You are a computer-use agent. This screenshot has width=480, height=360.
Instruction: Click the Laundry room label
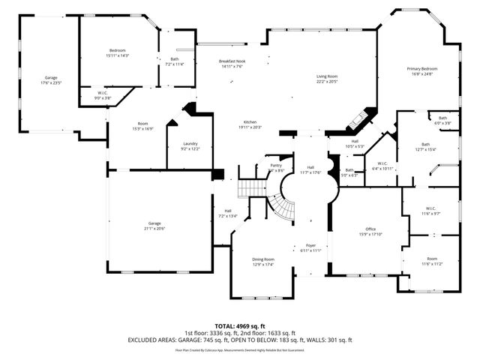[x=190, y=145]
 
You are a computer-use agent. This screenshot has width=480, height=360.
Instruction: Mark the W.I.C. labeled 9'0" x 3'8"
[x=103, y=96]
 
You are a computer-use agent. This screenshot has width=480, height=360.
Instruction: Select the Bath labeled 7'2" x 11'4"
[x=174, y=61]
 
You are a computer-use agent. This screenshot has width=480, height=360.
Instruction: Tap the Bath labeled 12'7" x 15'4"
[x=425, y=147]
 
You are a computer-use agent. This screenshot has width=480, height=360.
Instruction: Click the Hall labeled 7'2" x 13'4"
[x=227, y=213]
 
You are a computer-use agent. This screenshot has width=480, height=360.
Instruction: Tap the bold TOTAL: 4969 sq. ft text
[x=240, y=326]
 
